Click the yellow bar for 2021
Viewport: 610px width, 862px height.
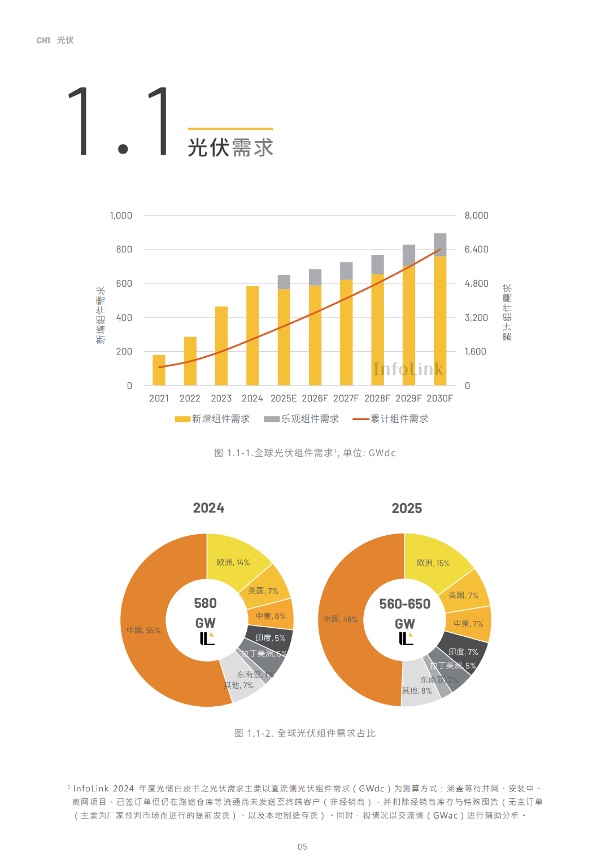pos(159,370)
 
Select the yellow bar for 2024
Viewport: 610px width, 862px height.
pos(252,336)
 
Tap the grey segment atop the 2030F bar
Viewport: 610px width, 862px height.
pos(440,244)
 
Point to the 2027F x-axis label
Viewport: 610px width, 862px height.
pos(346,399)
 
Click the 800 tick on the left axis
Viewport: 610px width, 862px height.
pos(124,250)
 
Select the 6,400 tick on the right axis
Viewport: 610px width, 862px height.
pos(476,250)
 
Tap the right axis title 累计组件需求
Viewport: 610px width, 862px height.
pos(507,312)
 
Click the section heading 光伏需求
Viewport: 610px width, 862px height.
pos(230,147)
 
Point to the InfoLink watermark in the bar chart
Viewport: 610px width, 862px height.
pos(408,369)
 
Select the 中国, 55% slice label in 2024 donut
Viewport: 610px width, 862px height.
pos(143,631)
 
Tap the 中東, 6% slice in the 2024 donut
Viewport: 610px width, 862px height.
pos(271,616)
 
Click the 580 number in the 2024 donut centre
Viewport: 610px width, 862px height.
pos(205,603)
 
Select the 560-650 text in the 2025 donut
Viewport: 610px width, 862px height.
pos(404,604)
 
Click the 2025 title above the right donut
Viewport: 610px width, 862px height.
pos(407,509)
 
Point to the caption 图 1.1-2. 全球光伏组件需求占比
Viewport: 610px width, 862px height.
pos(305,733)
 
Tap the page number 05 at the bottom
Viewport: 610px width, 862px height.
pos(303,847)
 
